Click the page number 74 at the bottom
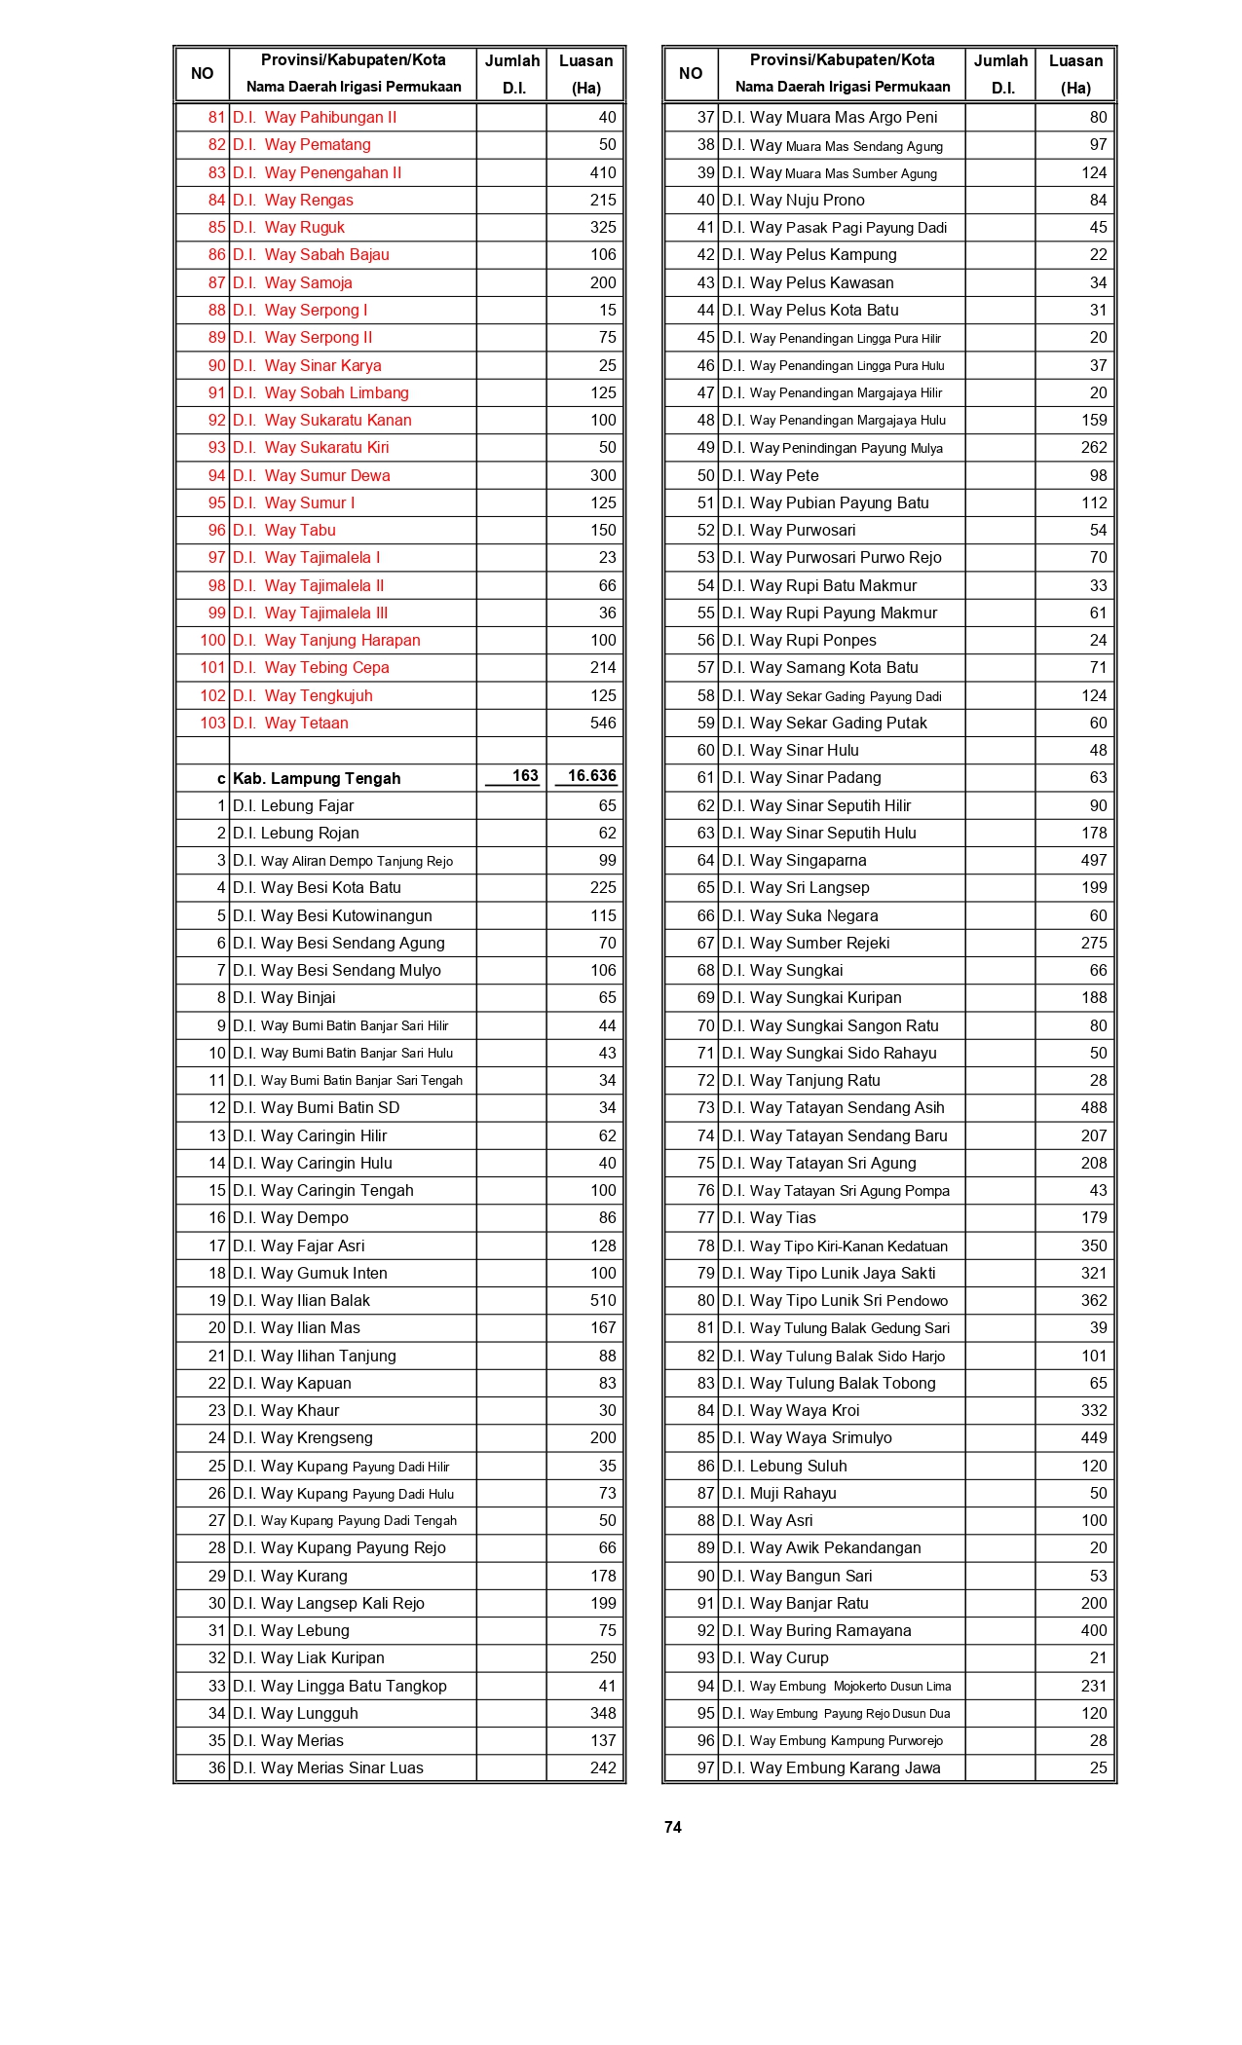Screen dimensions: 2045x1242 coord(672,1828)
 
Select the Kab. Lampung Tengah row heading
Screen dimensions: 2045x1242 coord(317,778)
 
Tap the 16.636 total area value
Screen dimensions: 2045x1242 coord(591,776)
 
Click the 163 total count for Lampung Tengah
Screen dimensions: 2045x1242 coord(525,776)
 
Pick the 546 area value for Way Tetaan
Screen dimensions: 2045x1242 coord(603,723)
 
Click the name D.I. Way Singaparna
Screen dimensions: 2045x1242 coord(794,860)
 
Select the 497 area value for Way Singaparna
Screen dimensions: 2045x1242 coord(1093,860)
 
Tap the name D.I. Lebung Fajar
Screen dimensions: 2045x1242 coord(293,805)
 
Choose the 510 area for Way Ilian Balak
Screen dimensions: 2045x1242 coord(603,1300)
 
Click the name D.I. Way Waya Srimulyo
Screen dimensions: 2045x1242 coord(807,1437)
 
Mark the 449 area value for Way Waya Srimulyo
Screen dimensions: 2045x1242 coord(1093,1437)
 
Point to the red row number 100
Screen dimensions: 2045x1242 coord(212,640)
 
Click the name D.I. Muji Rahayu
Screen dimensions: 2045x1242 coord(778,1493)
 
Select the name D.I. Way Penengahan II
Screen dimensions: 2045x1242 coord(317,172)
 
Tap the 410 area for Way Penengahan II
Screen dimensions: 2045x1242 coord(603,172)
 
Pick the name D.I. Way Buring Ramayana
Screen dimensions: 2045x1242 coord(816,1630)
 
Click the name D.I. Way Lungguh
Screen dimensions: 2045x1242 coord(295,1713)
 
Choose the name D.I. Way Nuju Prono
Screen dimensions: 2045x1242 coord(793,200)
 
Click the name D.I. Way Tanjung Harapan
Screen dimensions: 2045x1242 coord(326,640)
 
